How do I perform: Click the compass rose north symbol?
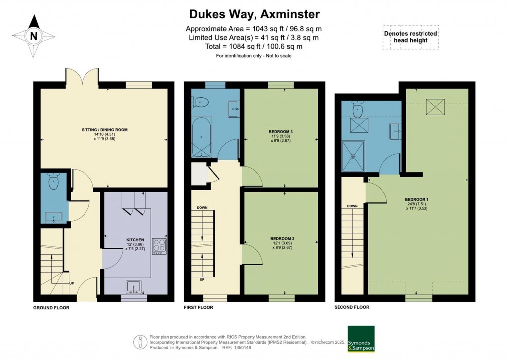(33, 36)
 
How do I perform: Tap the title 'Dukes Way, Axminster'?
(254, 13)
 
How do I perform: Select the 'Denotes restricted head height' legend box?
(410, 37)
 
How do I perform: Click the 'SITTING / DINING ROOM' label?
(105, 130)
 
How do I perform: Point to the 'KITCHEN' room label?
(135, 240)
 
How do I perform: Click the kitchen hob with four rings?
(159, 245)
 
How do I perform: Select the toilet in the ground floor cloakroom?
(54, 181)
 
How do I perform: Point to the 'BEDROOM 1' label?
(417, 200)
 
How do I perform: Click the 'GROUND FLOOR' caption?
(51, 308)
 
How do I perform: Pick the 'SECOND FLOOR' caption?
(351, 307)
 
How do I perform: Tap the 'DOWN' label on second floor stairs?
(352, 206)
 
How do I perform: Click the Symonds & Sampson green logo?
(361, 339)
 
